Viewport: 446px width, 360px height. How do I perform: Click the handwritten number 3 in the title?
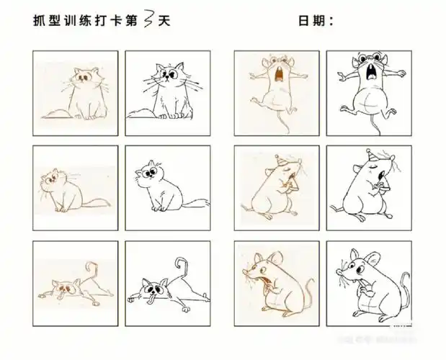147,20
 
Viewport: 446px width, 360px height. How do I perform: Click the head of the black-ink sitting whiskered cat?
167,76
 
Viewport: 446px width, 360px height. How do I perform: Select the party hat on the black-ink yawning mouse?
371,156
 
